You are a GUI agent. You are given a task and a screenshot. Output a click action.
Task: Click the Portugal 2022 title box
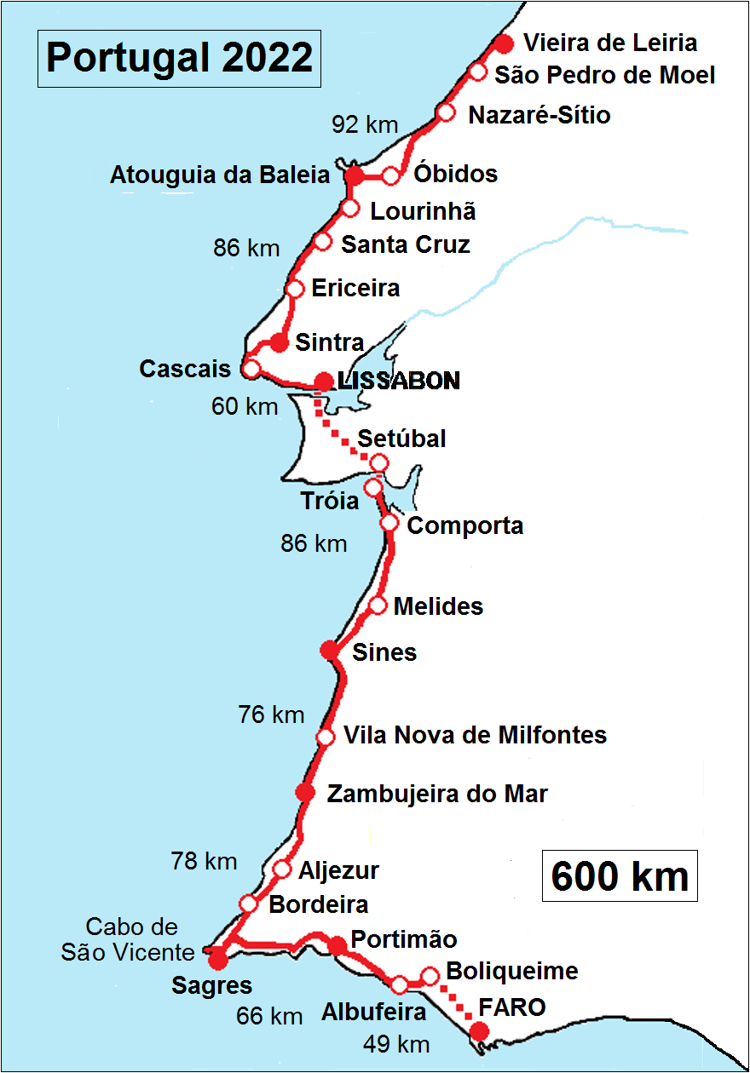coord(179,58)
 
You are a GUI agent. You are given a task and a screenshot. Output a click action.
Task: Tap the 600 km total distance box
coord(620,875)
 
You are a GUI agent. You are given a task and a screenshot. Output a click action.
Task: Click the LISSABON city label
coord(399,381)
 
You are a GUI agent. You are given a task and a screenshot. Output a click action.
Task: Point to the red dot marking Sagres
coord(218,960)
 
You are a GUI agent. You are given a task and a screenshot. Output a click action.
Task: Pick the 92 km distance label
coord(365,125)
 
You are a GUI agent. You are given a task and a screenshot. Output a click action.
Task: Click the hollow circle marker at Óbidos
coord(391,176)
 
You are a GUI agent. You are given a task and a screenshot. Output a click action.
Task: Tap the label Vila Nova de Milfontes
coord(475,735)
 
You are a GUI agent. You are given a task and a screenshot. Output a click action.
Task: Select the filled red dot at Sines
coord(329,651)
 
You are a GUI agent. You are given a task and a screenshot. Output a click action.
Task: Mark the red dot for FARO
coord(480,1033)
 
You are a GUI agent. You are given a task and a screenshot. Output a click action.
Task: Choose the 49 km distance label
coord(395,1043)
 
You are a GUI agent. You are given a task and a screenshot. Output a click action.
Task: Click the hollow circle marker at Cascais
coord(251,369)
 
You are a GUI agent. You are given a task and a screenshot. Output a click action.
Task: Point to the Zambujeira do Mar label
coord(437,794)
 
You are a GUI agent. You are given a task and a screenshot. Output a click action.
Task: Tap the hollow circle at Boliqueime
coord(430,976)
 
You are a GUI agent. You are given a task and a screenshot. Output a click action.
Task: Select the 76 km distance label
coord(271,714)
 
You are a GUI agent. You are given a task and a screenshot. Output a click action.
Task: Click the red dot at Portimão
coord(337,945)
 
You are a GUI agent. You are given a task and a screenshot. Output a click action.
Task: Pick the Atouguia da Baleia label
coord(220,175)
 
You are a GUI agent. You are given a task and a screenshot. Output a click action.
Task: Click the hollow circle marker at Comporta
coord(389,523)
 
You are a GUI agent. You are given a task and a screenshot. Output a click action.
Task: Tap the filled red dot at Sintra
coord(279,343)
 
